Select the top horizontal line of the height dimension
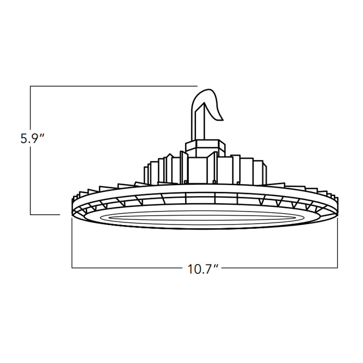(114, 86)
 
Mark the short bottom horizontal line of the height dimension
(45, 214)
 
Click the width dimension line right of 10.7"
(280, 268)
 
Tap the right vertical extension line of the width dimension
(338, 244)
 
